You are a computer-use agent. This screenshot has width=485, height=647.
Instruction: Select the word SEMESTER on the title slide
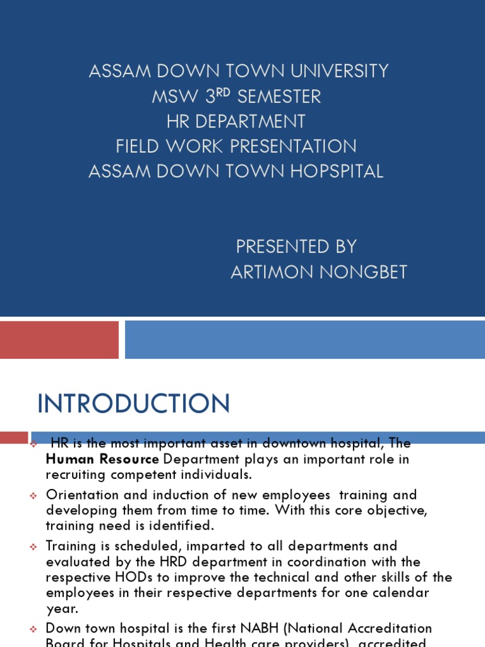[279, 97]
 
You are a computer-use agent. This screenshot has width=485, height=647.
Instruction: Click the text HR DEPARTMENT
[236, 121]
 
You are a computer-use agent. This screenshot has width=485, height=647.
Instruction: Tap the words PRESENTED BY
[296, 246]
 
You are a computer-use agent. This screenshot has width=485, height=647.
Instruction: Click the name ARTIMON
[269, 272]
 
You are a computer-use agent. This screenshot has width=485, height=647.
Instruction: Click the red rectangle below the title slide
[59, 340]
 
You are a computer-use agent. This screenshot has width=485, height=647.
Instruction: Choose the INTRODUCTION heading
[134, 404]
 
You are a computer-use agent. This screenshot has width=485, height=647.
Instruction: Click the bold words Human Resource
[102, 459]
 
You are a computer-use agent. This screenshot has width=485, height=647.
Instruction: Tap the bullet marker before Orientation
[34, 496]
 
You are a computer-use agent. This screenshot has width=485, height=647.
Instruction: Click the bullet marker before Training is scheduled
[34, 547]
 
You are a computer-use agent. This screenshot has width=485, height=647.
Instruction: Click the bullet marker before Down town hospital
[34, 630]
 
